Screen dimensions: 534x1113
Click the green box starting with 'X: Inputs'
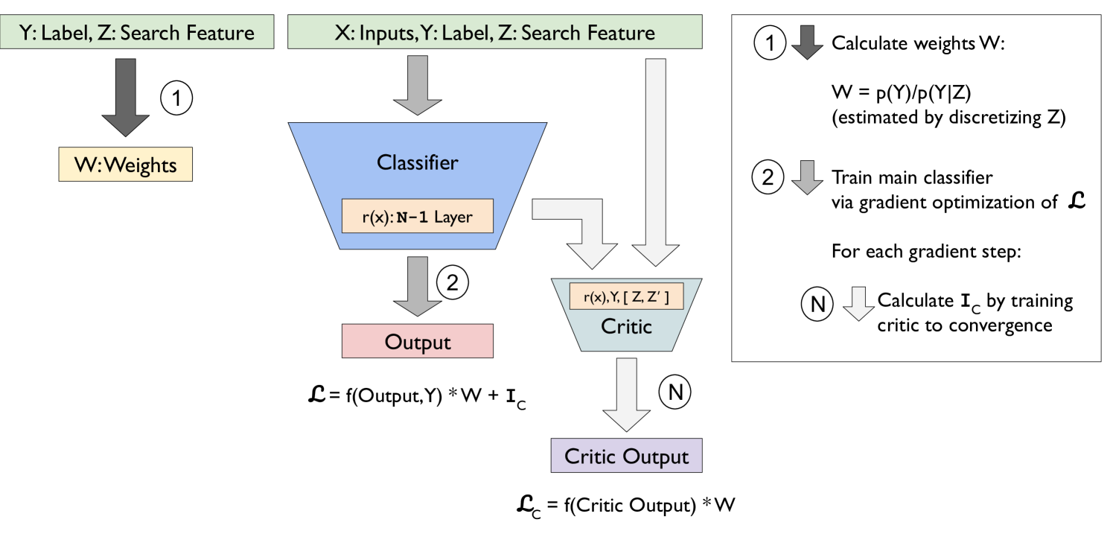(494, 33)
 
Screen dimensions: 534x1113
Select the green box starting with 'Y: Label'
(136, 33)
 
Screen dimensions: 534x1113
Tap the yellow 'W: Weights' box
(125, 165)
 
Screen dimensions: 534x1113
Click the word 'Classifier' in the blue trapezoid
(417, 162)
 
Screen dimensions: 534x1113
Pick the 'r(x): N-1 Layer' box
(417, 216)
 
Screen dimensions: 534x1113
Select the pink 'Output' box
(417, 342)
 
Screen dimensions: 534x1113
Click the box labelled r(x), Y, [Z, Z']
(625, 296)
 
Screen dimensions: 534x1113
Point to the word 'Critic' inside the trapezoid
(625, 325)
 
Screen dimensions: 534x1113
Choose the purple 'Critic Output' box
(625, 456)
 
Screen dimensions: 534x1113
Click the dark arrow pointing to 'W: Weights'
(125, 97)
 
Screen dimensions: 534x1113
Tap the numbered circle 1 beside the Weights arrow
(177, 98)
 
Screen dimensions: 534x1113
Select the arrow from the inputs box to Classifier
(417, 86)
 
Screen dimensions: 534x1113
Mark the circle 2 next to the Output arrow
(452, 281)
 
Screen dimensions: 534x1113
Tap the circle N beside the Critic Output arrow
(675, 392)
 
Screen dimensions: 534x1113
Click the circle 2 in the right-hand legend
(768, 178)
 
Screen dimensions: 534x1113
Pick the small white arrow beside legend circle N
(858, 304)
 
